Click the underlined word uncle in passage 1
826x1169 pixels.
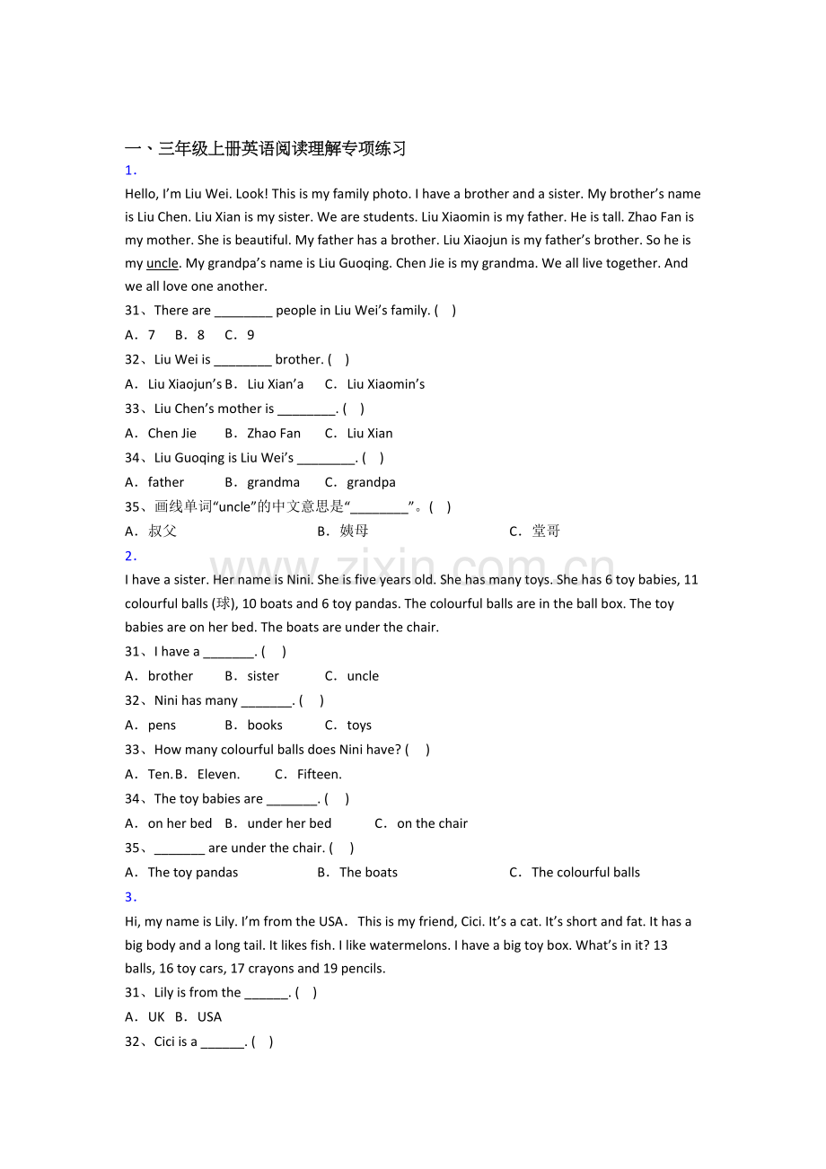(163, 263)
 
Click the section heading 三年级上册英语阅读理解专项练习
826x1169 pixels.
(282, 149)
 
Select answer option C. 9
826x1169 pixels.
(240, 335)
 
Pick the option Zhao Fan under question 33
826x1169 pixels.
(273, 433)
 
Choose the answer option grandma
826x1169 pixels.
(273, 482)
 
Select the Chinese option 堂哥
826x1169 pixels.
(545, 531)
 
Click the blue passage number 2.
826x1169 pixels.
(130, 556)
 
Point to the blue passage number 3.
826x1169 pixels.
(130, 896)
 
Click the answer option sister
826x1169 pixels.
(262, 676)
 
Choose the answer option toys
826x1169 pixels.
(358, 725)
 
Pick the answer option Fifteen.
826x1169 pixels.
(319, 774)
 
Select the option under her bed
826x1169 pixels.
(288, 823)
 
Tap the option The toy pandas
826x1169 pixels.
(192, 872)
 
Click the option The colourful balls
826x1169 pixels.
(585, 872)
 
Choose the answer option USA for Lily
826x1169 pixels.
(208, 1016)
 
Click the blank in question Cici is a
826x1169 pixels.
(223, 1042)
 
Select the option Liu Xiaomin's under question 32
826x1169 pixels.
(385, 384)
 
